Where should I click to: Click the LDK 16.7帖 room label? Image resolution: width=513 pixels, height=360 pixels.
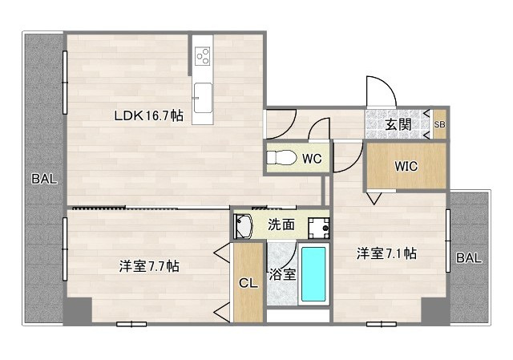pyautogui.click(x=147, y=116)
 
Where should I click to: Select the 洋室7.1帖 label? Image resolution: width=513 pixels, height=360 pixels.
pyautogui.click(x=386, y=253)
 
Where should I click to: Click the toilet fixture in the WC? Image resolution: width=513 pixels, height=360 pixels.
pyautogui.click(x=280, y=158)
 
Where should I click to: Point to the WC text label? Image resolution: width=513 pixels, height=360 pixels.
pyautogui.click(x=312, y=159)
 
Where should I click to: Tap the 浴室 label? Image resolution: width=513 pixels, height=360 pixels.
pyautogui.click(x=281, y=274)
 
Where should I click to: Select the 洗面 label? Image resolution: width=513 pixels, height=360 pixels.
pyautogui.click(x=281, y=225)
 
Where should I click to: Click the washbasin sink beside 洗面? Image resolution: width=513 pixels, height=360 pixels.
pyautogui.click(x=244, y=226)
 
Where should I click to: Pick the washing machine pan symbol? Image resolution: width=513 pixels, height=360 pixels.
pyautogui.click(x=320, y=227)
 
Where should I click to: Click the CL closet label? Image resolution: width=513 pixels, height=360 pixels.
pyautogui.click(x=247, y=282)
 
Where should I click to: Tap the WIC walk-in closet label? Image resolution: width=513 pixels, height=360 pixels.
pyautogui.click(x=405, y=167)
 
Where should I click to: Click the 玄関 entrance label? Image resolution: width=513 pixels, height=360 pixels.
pyautogui.click(x=398, y=124)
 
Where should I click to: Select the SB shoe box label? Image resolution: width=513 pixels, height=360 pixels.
pyautogui.click(x=439, y=125)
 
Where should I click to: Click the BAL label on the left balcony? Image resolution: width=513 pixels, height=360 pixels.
pyautogui.click(x=44, y=180)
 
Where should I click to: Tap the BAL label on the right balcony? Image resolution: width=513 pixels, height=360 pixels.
pyautogui.click(x=469, y=258)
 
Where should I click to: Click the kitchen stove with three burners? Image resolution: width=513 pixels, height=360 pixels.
pyautogui.click(x=203, y=56)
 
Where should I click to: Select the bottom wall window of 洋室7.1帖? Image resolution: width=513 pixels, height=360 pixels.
pyautogui.click(x=382, y=324)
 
